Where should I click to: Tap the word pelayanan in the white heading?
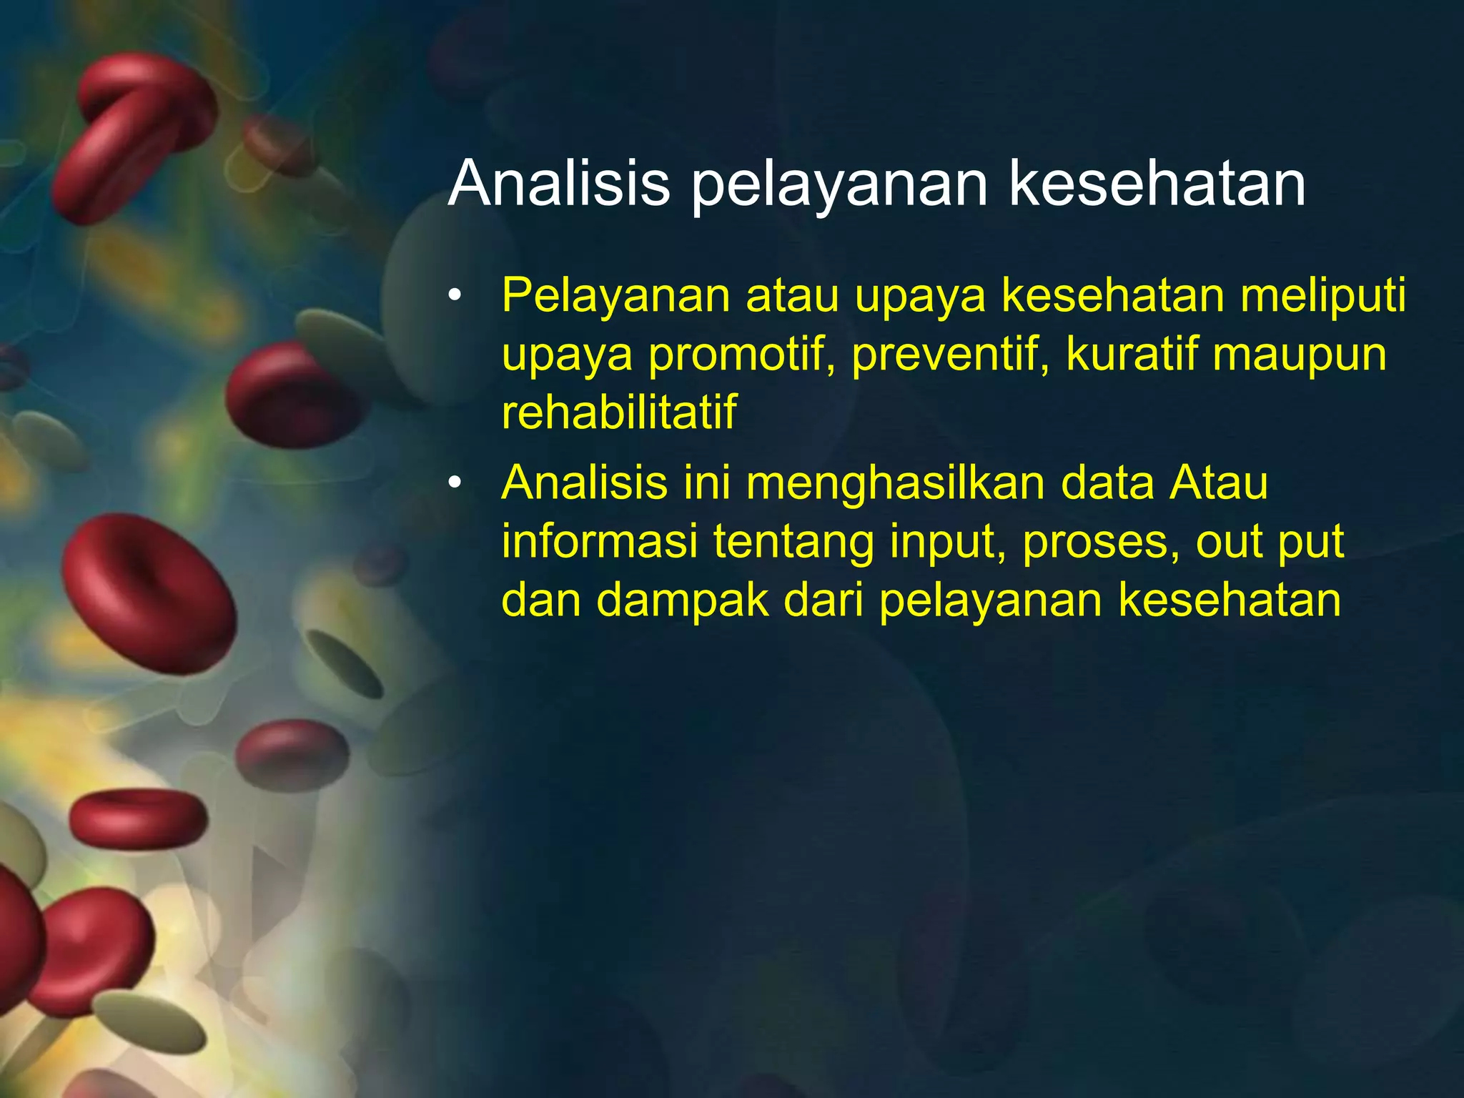click(x=839, y=184)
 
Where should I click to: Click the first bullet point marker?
click(x=455, y=296)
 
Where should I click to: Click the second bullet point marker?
click(x=455, y=484)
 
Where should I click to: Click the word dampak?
click(x=683, y=600)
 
